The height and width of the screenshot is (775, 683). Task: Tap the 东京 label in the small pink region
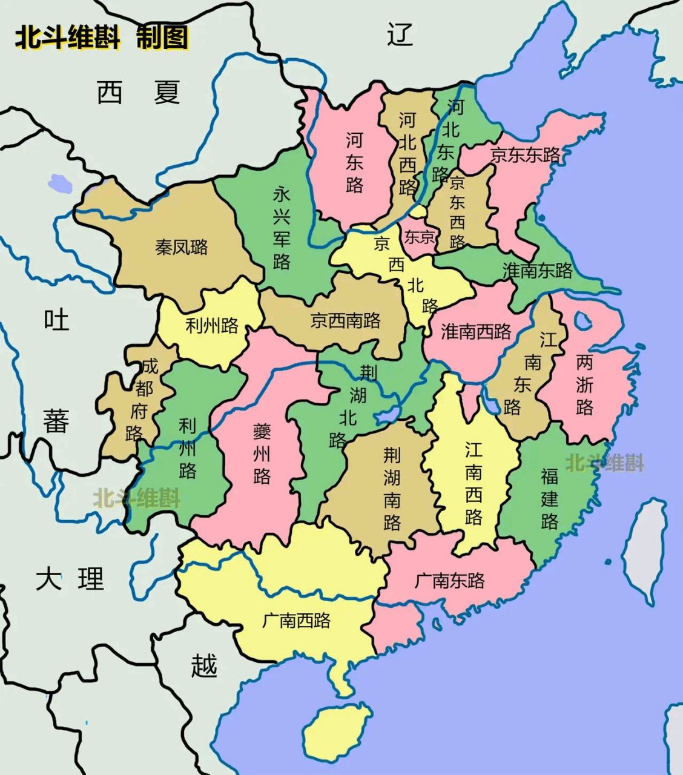pos(419,236)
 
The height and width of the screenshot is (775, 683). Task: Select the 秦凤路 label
pos(182,247)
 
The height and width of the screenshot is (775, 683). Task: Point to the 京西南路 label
pos(346,320)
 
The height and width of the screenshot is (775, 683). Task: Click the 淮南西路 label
pos(476,331)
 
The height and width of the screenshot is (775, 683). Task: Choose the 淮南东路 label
pos(538,270)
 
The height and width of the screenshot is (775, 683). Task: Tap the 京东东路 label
pos(526,154)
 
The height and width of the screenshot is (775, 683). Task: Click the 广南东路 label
pos(450,581)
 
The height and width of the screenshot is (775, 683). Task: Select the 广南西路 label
pos(297,620)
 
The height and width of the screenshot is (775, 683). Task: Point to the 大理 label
pos(70,579)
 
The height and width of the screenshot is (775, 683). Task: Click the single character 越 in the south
pos(204,666)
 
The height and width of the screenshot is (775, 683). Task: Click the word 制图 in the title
pos(162,38)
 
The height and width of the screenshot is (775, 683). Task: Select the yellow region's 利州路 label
pos(212,326)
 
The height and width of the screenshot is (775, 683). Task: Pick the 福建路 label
pos(549,498)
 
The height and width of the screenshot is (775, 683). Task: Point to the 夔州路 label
pos(262,454)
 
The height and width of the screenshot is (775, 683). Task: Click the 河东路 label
pos(355,162)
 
